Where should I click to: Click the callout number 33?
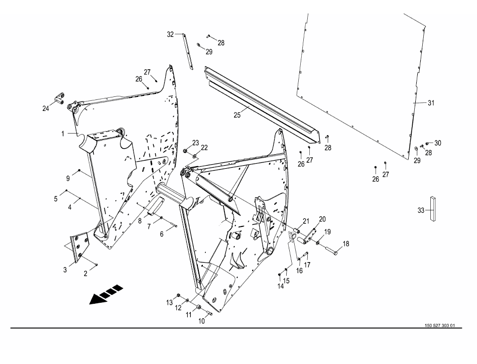click(421, 210)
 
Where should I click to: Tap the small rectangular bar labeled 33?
click(433, 208)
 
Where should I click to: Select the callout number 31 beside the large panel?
click(431, 103)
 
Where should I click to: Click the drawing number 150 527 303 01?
click(440, 325)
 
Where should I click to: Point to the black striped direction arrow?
click(106, 294)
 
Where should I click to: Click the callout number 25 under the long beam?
click(237, 115)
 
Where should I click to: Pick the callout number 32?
click(170, 34)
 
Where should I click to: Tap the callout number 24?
click(46, 108)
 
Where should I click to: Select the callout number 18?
click(346, 244)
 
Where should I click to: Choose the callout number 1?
click(63, 134)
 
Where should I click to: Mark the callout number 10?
click(202, 321)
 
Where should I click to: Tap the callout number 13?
click(169, 303)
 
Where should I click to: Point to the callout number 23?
click(195, 143)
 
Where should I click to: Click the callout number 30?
click(437, 143)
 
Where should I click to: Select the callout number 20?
click(322, 219)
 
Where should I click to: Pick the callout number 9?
click(68, 179)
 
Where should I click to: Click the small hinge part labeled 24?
click(59, 99)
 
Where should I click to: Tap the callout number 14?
click(281, 286)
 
